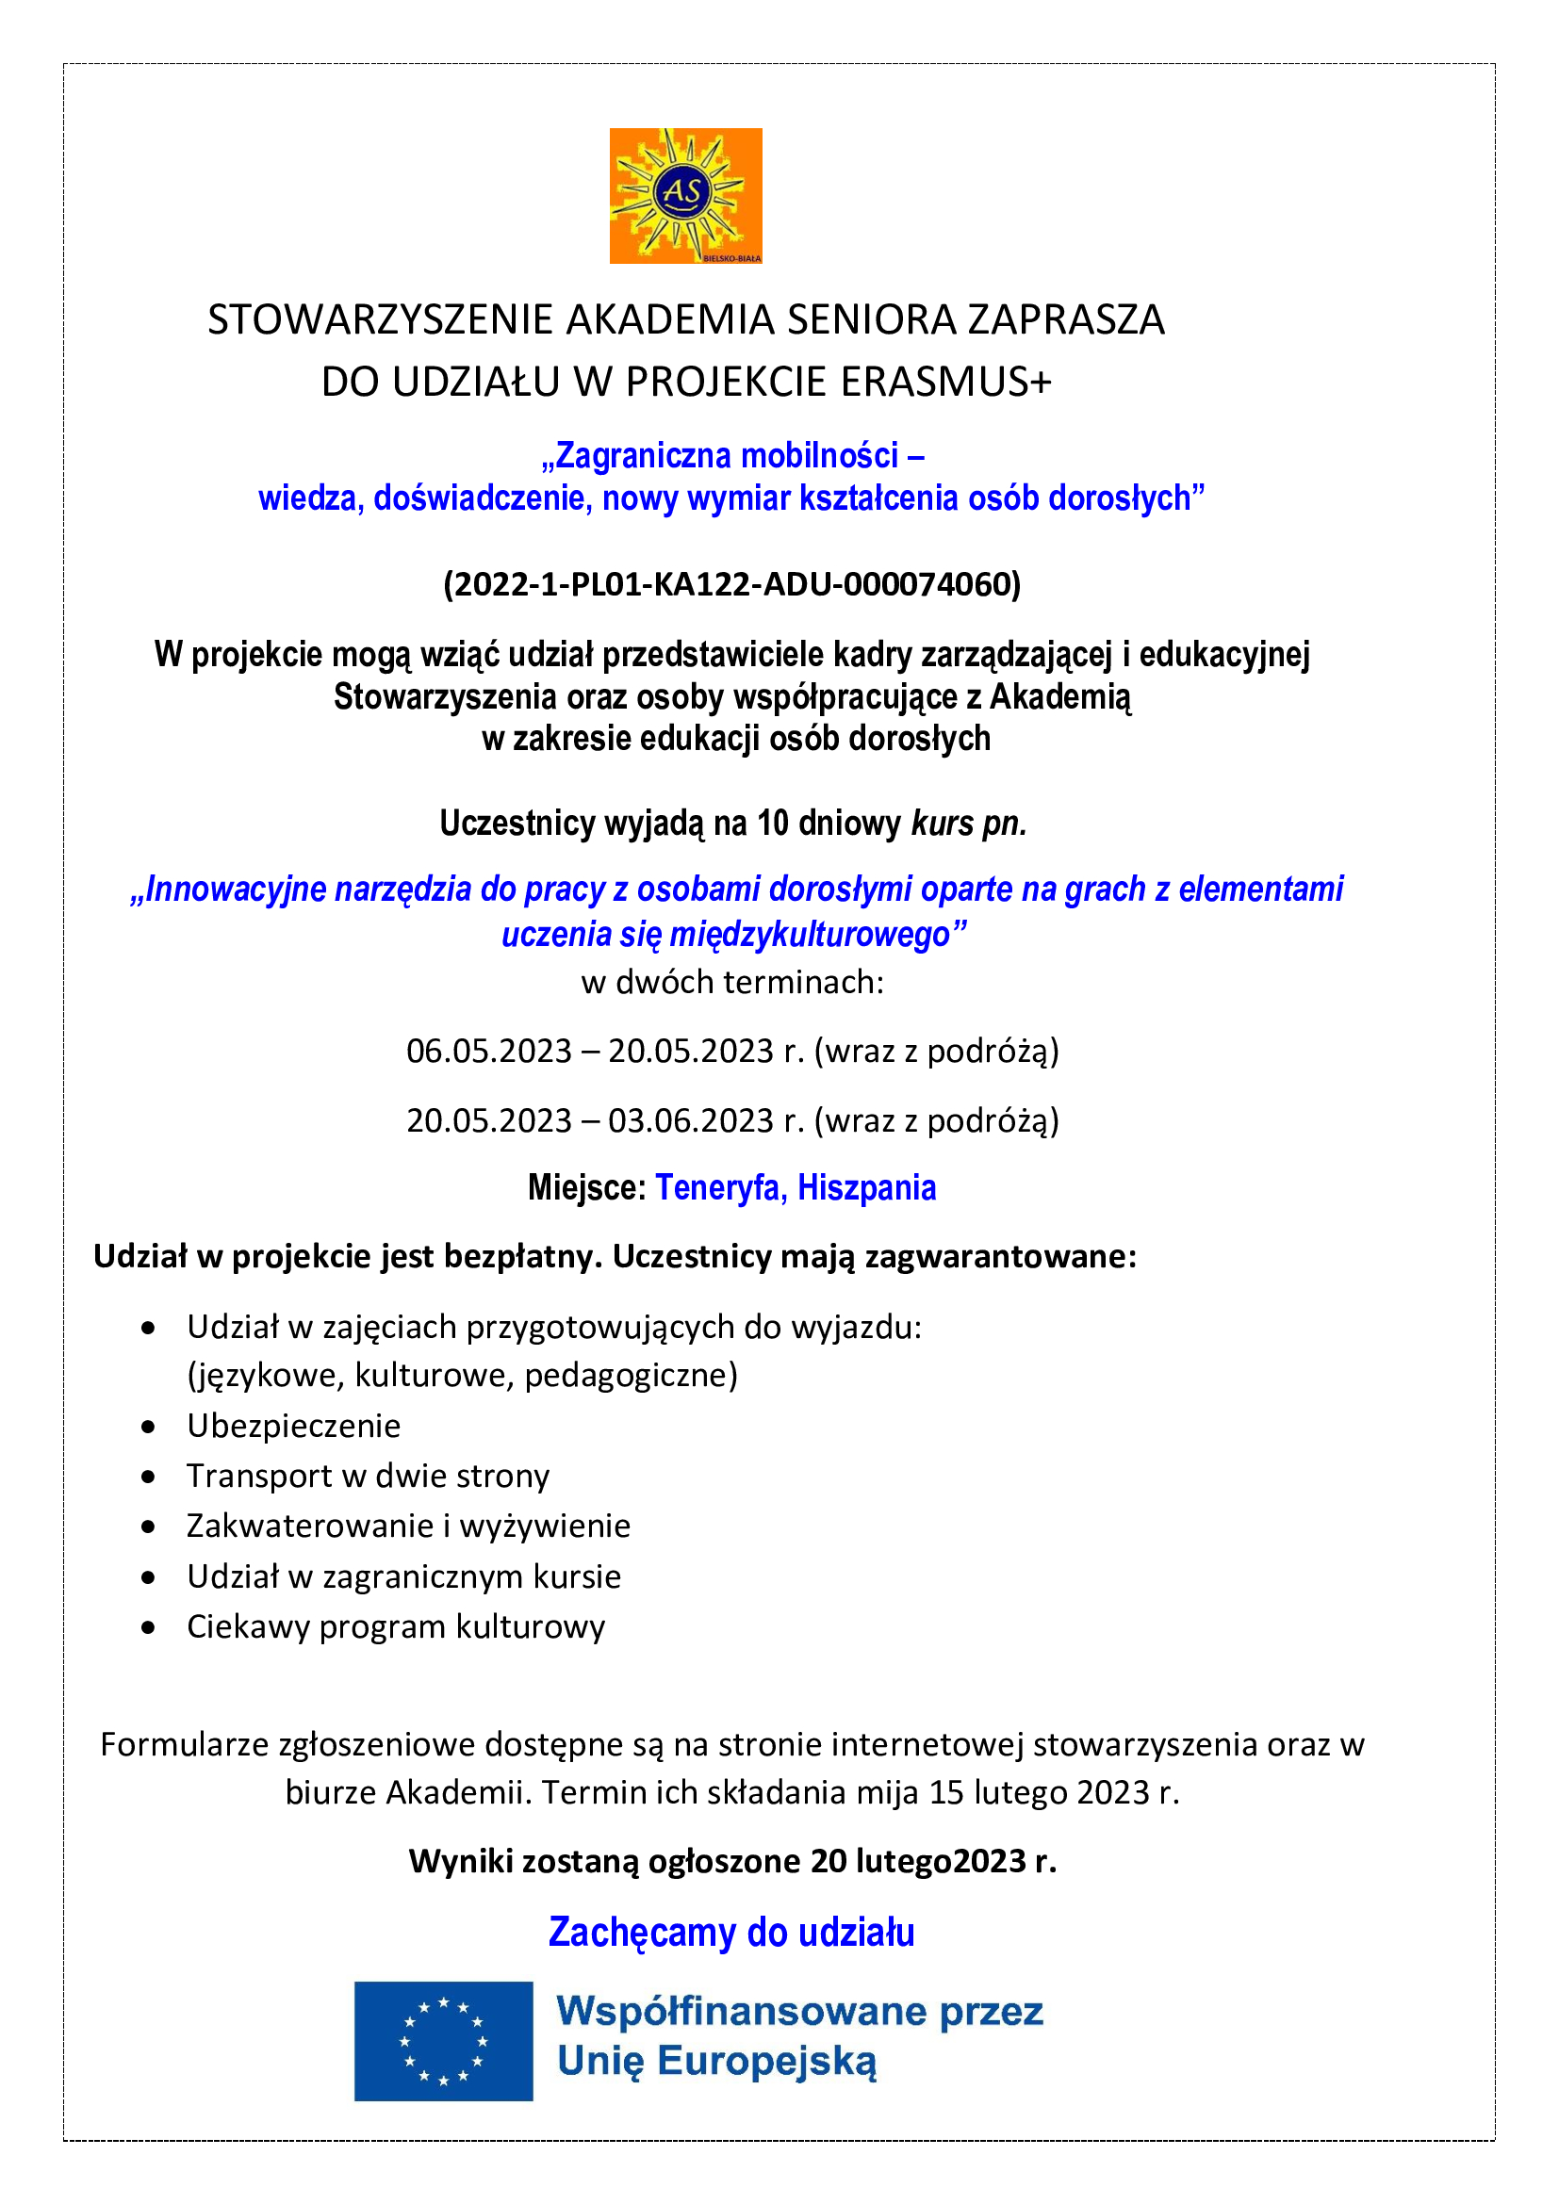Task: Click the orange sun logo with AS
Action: [685, 195]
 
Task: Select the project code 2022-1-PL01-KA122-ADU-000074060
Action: [731, 583]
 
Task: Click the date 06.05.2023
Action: [488, 1052]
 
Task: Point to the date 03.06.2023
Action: [690, 1120]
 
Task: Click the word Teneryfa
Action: [721, 1187]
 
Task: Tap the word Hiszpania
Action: [866, 1187]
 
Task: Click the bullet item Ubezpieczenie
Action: [294, 1426]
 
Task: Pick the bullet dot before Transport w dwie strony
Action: [148, 1477]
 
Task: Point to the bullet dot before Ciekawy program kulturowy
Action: [148, 1627]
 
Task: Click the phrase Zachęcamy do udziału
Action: [731, 1933]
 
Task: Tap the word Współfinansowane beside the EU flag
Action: [741, 2011]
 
